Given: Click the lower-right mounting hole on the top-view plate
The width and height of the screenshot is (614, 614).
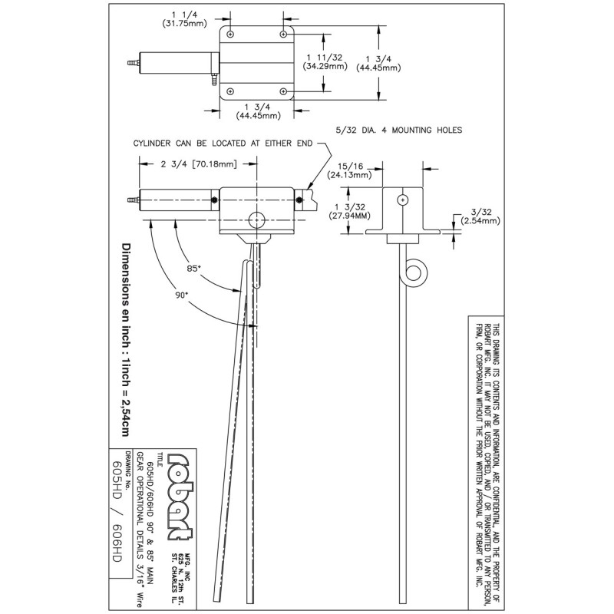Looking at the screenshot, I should pyautogui.click(x=284, y=91).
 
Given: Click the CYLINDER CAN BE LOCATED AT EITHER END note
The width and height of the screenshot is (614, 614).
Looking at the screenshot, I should pyautogui.click(x=221, y=143).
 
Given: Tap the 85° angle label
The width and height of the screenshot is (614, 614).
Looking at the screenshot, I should pyautogui.click(x=194, y=269).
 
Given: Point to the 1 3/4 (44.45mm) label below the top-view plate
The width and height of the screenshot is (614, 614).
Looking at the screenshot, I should pyautogui.click(x=259, y=111).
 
